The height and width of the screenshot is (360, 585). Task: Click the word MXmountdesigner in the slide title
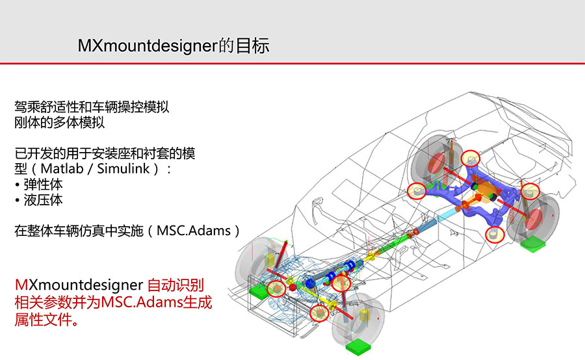[x=148, y=46]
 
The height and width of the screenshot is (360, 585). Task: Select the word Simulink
[x=123, y=168]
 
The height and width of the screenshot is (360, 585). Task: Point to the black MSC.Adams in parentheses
[x=194, y=231]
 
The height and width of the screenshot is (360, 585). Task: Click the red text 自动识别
[x=175, y=285]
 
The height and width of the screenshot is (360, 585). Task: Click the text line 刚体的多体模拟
[x=59, y=122]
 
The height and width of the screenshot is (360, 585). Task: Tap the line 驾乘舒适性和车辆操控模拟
[x=92, y=107]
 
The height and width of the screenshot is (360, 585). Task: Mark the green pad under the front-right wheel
[x=358, y=346]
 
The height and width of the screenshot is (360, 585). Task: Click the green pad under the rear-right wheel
[x=533, y=245]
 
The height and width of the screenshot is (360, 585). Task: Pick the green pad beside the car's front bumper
[x=259, y=290]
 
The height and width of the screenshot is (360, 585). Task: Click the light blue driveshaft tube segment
[x=447, y=215]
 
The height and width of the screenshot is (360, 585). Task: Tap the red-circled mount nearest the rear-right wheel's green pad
[x=495, y=235]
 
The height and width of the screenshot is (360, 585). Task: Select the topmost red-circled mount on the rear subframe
[x=471, y=159]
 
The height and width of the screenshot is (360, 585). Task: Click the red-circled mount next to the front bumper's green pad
[x=276, y=289]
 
